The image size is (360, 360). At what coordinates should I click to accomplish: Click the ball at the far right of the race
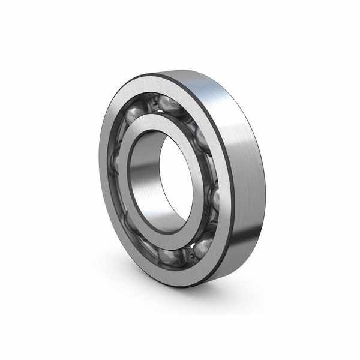click(214, 198)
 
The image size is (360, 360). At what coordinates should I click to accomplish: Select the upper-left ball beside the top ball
click(134, 113)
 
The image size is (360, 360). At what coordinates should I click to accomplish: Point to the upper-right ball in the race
click(201, 139)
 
